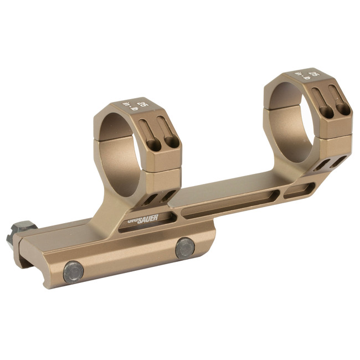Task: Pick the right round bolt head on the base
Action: tap(185, 248)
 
